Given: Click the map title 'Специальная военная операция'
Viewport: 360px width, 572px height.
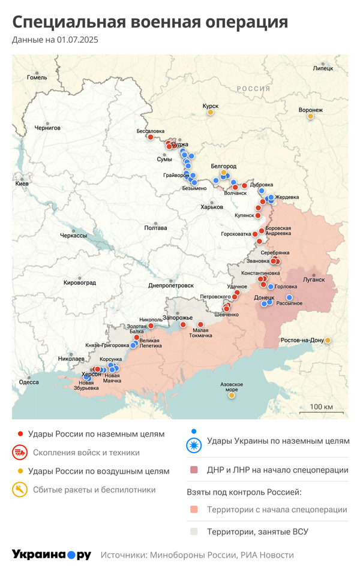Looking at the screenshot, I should click(x=150, y=22).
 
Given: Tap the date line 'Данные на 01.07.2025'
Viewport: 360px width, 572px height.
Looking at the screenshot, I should click(x=55, y=40).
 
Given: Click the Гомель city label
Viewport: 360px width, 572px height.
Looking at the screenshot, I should click(x=37, y=77).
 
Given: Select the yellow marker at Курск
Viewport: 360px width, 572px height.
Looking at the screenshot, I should click(x=210, y=112).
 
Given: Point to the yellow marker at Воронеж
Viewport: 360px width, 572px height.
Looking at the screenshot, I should click(x=311, y=116).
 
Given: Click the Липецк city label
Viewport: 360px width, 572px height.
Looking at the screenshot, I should click(x=323, y=68).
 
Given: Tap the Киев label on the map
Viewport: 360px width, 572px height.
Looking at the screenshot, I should click(x=22, y=182).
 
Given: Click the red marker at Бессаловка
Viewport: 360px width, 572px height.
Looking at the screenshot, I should click(x=150, y=137).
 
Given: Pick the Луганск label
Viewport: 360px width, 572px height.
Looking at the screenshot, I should click(x=313, y=279).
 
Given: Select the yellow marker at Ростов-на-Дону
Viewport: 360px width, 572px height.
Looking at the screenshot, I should click(x=328, y=341).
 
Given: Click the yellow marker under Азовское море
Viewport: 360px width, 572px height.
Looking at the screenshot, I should click(x=232, y=395).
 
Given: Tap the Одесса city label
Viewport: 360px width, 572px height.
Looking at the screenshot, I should click(x=29, y=382).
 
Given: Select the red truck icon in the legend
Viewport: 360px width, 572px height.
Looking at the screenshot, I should click(x=20, y=453).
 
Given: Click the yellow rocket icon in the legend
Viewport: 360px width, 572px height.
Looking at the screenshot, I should click(x=20, y=490).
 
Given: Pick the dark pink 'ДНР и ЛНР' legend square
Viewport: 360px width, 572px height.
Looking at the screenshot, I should click(x=193, y=470).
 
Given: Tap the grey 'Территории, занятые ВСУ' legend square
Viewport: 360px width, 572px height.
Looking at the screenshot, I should click(x=193, y=531).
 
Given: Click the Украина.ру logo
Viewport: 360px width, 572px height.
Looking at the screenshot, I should click(x=51, y=555).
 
